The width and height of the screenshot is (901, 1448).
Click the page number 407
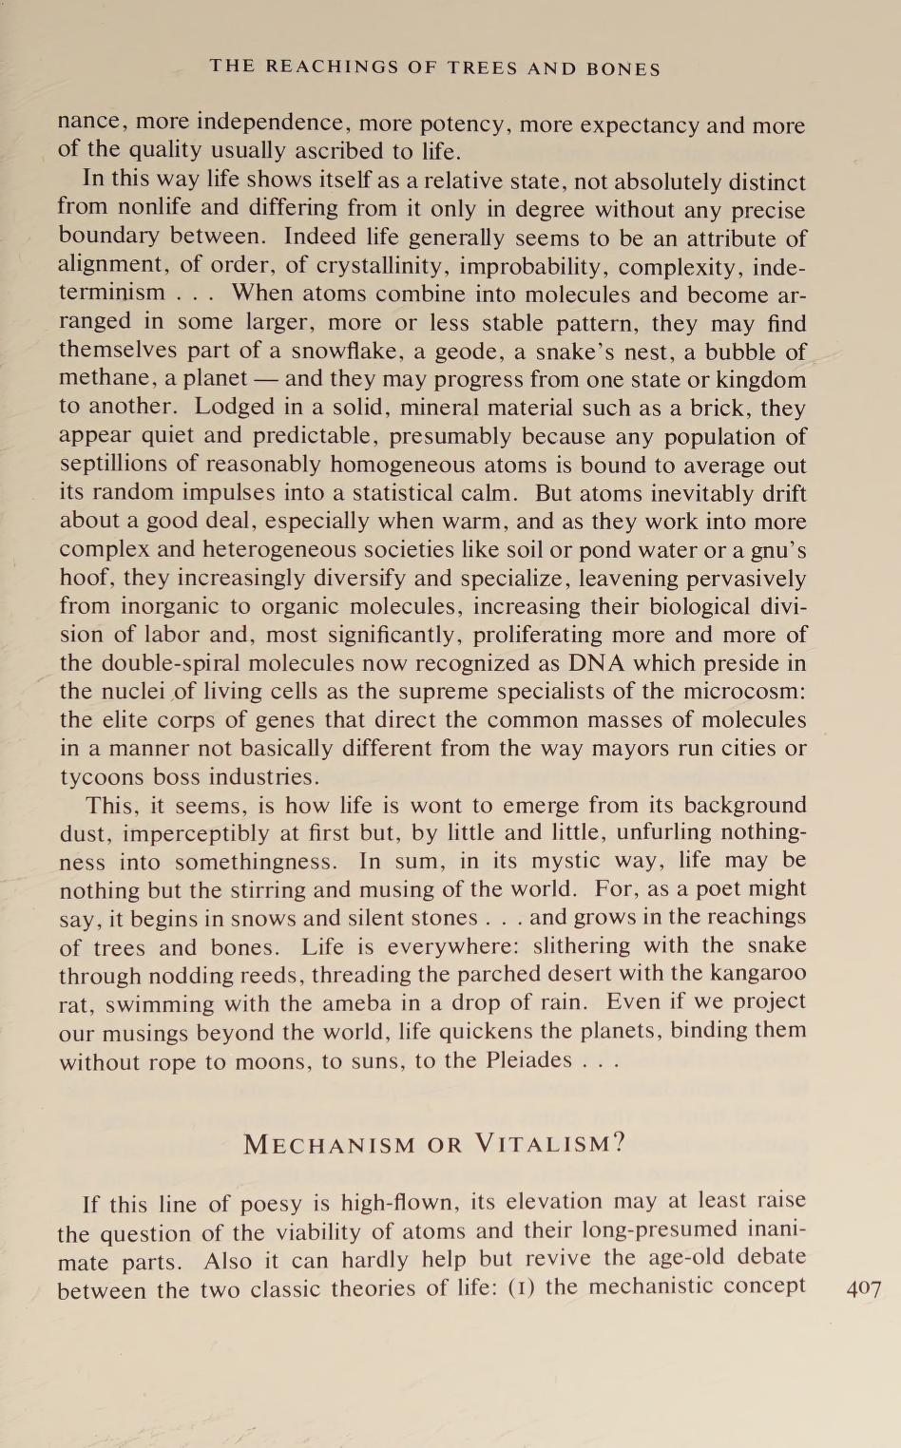pos(862,1289)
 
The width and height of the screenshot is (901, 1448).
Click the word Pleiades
pos(529,1059)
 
